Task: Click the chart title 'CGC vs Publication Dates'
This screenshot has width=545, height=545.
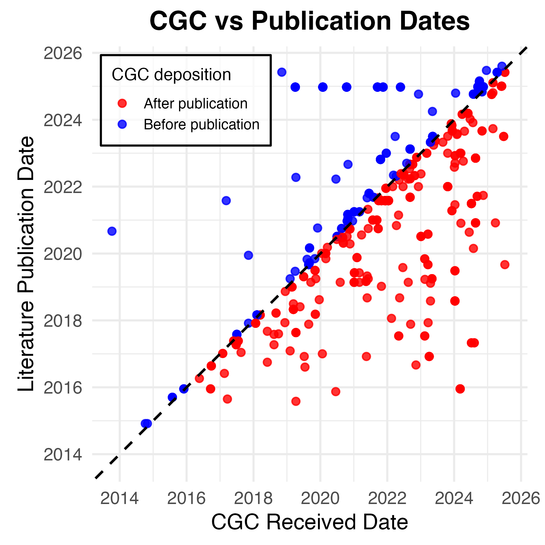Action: point(309,21)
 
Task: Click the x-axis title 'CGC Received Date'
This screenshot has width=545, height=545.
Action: point(309,522)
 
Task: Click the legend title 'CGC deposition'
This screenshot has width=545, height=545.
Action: point(171,75)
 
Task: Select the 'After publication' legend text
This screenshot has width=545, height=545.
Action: point(195,103)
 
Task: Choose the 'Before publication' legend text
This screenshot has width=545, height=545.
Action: point(201,124)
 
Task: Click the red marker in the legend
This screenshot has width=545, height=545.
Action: point(122,103)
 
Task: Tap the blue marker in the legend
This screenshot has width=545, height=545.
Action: point(122,124)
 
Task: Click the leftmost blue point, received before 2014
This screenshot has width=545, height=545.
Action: point(112,231)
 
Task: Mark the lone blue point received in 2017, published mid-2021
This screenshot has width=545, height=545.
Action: point(226,201)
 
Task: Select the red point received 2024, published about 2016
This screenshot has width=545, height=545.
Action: point(460,389)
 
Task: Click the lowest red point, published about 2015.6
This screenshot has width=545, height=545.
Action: point(296,401)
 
